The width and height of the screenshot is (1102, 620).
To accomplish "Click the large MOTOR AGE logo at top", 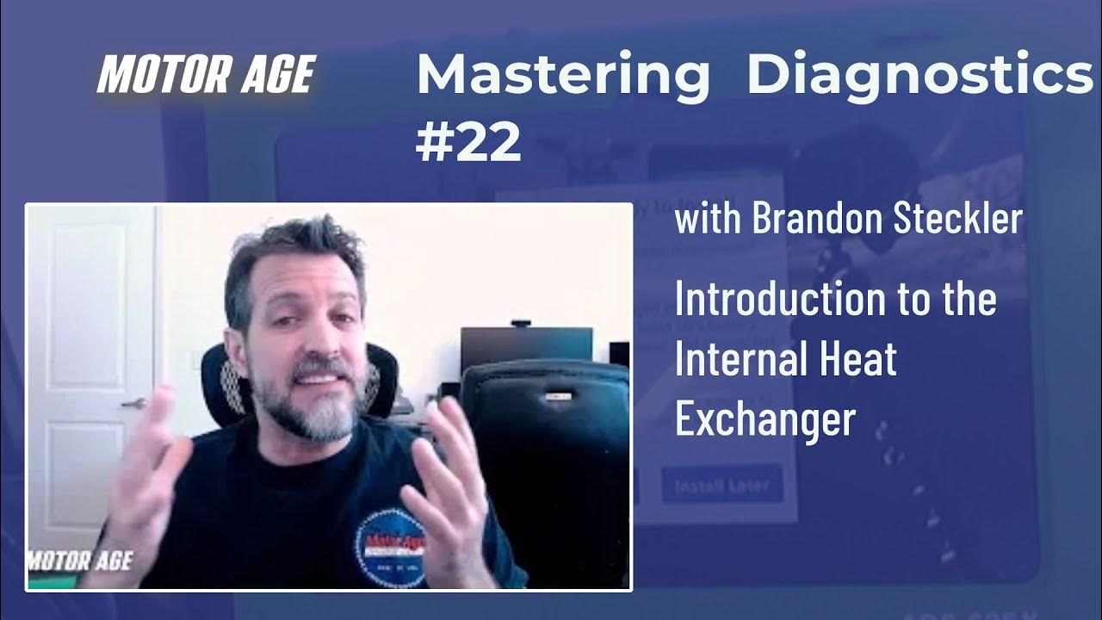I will pos(205,75).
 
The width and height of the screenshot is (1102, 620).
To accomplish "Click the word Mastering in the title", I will pos(563,77).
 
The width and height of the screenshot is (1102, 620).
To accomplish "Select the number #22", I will pos(468,142).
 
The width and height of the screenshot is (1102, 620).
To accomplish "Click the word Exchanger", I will pos(765,418).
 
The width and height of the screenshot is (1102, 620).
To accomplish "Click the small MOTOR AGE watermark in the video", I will pos(80,561).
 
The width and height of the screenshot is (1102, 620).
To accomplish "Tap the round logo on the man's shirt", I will pos(392,546).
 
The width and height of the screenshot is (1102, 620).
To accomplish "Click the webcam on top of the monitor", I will pos(520,324).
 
